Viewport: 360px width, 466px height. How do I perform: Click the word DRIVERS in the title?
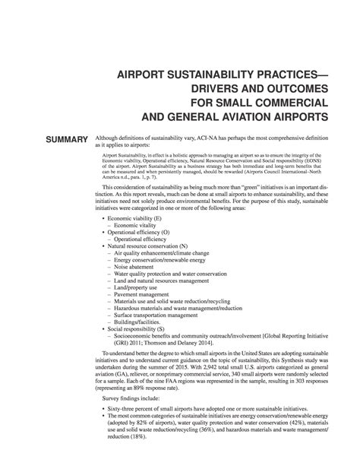pyautogui.click(x=196, y=89)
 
